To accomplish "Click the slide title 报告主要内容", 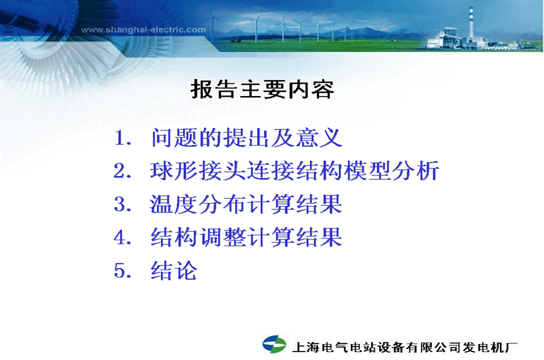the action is point(262,89).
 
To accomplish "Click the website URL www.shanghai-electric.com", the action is point(143,30).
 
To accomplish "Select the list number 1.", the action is point(122,138).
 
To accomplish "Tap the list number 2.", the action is point(122,171).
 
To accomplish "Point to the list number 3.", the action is point(122,204).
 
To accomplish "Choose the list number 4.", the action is point(122,238).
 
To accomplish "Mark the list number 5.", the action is point(122,271).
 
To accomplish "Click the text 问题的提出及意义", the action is point(247,138).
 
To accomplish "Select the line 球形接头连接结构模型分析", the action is point(295,171).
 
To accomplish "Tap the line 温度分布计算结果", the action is point(246,204).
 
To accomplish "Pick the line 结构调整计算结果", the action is point(247,237).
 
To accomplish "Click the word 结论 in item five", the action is point(174,271).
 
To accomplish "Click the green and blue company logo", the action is point(274,345).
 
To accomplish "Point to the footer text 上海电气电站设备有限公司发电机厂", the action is point(405,347).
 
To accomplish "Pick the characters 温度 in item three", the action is point(173,204).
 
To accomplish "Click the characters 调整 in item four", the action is point(222,237).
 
